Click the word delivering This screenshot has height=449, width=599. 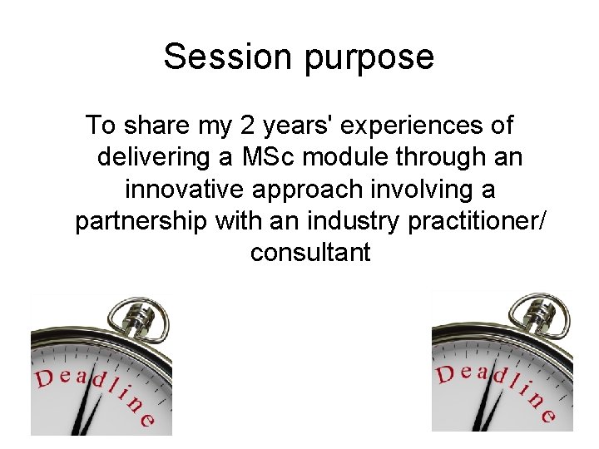click(x=160, y=158)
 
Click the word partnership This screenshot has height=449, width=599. click(x=142, y=222)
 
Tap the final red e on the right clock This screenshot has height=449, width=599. click(x=547, y=416)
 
